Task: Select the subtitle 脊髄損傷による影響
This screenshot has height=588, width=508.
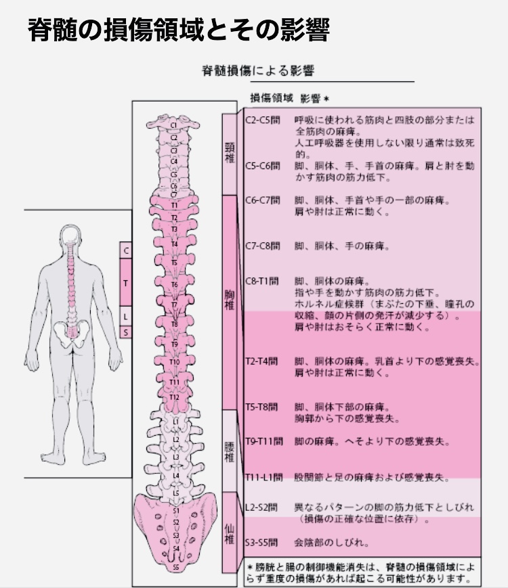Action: (x=258, y=70)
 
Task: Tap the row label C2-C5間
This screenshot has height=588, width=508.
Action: (x=262, y=120)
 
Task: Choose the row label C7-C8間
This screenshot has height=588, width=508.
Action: (x=262, y=246)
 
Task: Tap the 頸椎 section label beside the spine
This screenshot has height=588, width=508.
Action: (x=229, y=153)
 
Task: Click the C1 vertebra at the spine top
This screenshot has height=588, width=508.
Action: (x=174, y=125)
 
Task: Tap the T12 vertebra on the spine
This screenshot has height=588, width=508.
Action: (x=174, y=397)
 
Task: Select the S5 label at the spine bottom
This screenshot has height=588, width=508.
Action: (x=175, y=567)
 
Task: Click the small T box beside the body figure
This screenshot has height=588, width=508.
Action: (x=125, y=282)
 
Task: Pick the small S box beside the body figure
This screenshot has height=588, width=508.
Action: (x=125, y=332)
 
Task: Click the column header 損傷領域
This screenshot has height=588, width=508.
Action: (x=272, y=97)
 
